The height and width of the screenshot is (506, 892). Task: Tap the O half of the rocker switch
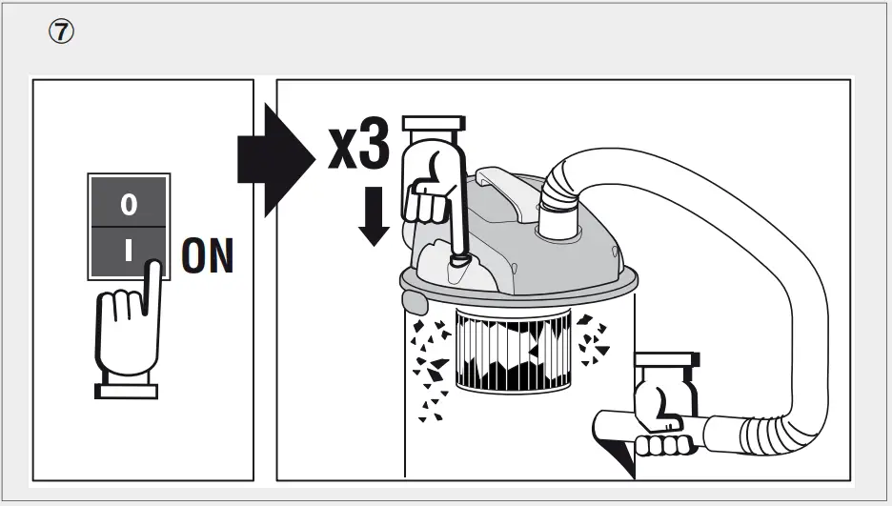pyautogui.click(x=129, y=204)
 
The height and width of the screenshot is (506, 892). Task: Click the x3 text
pyautogui.click(x=358, y=146)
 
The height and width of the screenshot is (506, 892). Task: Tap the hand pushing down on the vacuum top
pyautogui.click(x=432, y=186)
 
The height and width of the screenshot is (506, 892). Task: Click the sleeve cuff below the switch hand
pyautogui.click(x=128, y=390)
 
